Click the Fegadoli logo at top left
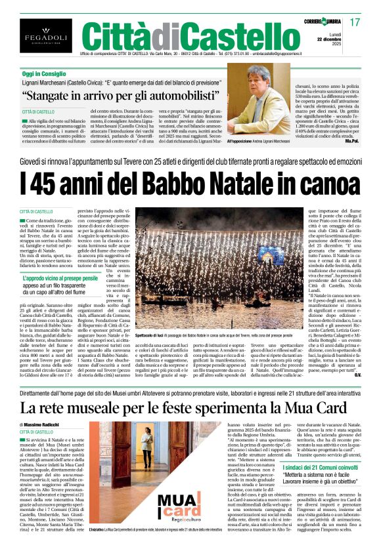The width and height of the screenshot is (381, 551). click(x=37, y=35)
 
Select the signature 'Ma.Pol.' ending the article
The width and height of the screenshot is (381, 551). click(x=352, y=141)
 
